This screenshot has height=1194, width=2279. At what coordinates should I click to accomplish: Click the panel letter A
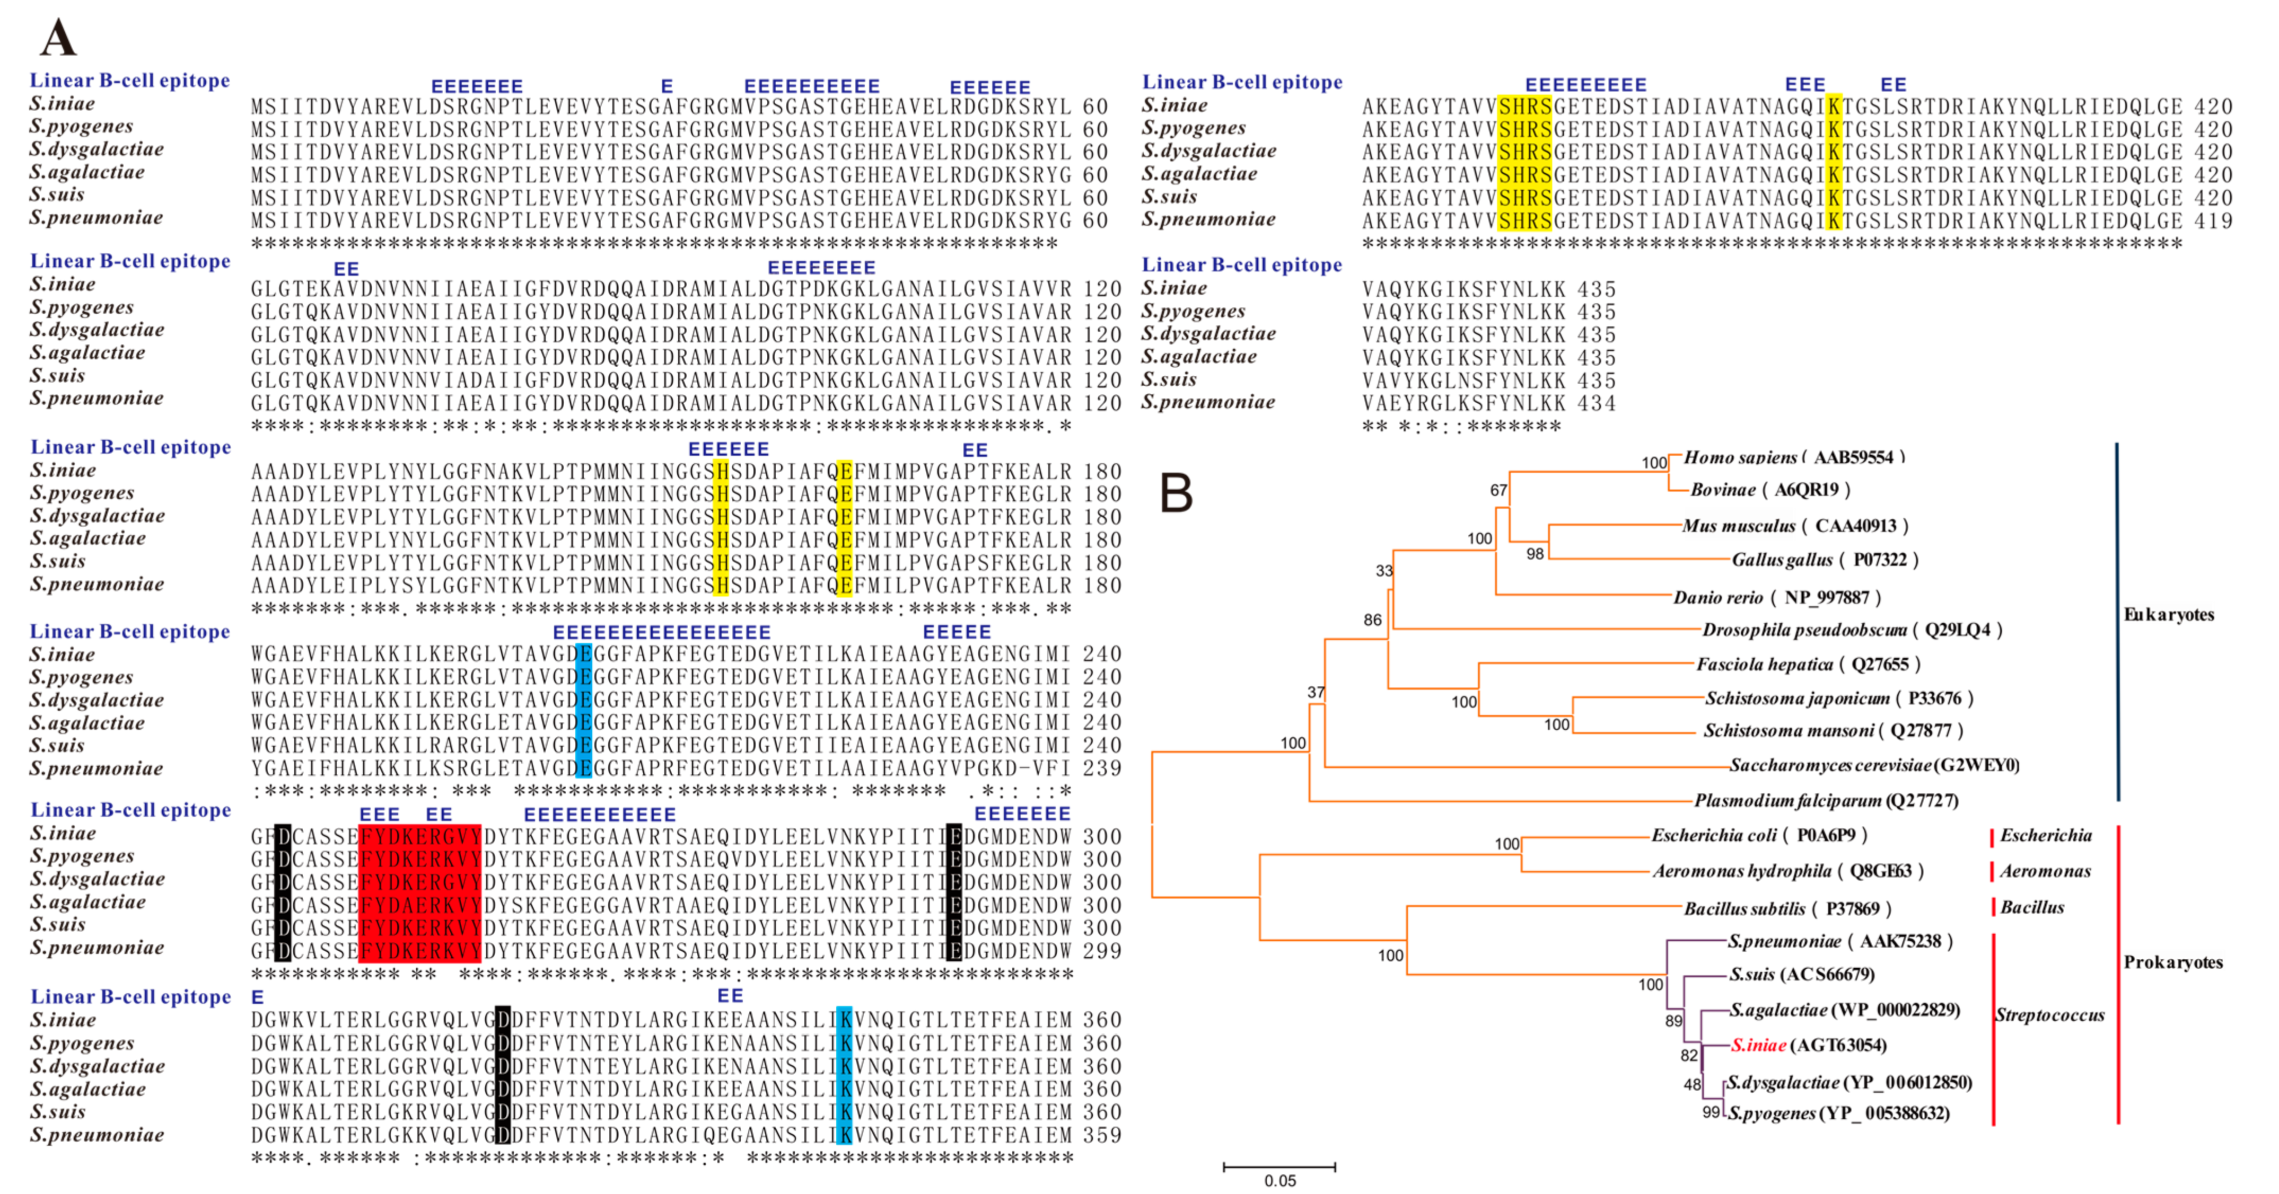pyautogui.click(x=58, y=37)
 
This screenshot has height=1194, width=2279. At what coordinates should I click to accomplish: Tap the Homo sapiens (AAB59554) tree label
pyautogui.click(x=1793, y=457)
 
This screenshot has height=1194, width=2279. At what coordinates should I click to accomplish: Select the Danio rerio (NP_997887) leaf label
pyautogui.click(x=1776, y=597)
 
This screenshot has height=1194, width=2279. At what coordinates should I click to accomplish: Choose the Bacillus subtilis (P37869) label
pyautogui.click(x=1787, y=908)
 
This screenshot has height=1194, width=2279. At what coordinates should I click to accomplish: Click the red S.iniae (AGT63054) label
pyautogui.click(x=1808, y=1045)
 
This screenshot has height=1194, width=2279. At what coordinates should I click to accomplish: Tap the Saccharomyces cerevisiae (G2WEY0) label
pyautogui.click(x=1874, y=765)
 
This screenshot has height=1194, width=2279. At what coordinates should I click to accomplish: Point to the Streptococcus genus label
pyautogui.click(x=2049, y=1014)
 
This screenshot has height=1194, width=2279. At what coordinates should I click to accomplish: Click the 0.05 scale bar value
pyautogui.click(x=1279, y=1181)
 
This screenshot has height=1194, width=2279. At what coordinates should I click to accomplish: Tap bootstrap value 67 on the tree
pyautogui.click(x=1498, y=490)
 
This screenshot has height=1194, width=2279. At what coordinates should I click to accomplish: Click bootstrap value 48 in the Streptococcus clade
pyautogui.click(x=1691, y=1084)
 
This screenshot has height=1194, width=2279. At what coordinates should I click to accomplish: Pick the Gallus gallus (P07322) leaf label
pyautogui.click(x=1824, y=560)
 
